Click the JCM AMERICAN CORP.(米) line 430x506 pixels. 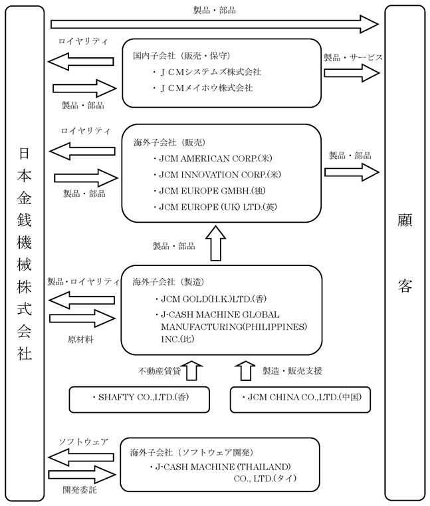(215, 158)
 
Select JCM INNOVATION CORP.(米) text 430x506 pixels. (220, 175)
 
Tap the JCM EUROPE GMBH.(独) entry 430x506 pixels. (212, 191)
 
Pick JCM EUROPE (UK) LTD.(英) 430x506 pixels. (218, 207)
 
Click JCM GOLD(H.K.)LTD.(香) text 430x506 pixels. (213, 299)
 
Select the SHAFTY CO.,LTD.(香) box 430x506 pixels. (140, 400)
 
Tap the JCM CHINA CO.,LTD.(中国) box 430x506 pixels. (300, 400)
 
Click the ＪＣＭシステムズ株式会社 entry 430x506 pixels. (210, 72)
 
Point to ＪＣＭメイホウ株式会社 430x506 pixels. (206, 88)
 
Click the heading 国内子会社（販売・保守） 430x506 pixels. (181, 56)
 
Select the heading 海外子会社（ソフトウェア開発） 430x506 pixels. (191, 452)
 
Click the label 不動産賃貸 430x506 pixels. (159, 371)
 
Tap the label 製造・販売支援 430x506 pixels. (292, 371)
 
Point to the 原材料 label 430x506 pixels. (80, 340)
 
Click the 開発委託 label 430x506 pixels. (79, 490)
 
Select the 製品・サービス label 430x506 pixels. (353, 57)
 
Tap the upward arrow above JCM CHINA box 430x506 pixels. (245, 371)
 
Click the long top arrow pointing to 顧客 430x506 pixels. (215, 24)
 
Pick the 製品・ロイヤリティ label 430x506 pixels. (83, 281)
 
